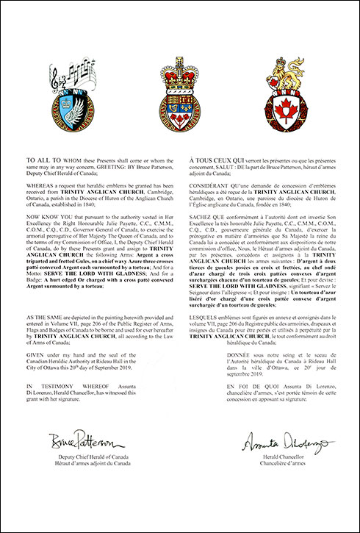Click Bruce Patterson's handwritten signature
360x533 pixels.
tap(87, 443)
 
